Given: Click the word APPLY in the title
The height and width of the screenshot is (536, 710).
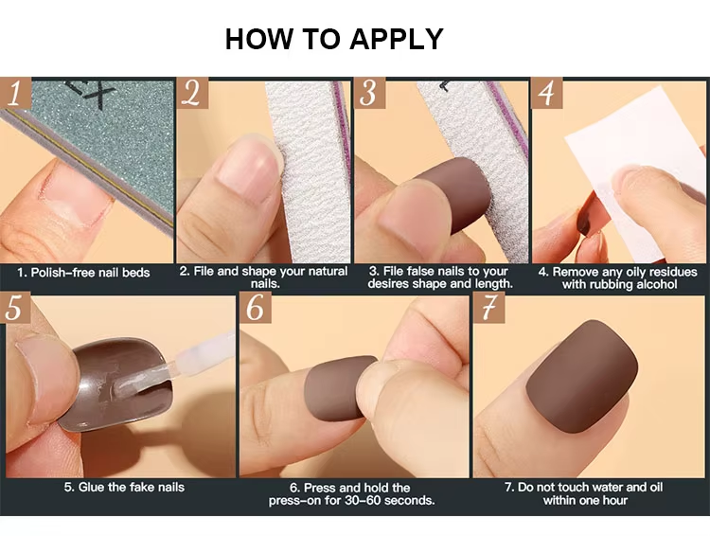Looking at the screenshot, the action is [x=397, y=39].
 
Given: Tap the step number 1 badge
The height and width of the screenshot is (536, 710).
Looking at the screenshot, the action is [x=16, y=94].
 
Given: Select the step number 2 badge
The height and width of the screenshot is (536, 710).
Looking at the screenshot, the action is [x=192, y=93].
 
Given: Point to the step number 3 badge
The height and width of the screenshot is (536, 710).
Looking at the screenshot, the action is [x=369, y=93].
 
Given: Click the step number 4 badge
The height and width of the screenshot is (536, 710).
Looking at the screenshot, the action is [x=546, y=93].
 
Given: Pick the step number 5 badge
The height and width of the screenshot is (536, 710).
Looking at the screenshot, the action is [x=15, y=308].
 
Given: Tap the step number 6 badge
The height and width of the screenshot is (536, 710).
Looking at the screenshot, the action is [x=256, y=308].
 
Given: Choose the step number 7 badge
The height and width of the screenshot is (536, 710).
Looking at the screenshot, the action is [x=489, y=308].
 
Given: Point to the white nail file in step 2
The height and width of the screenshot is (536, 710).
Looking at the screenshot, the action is [x=312, y=172].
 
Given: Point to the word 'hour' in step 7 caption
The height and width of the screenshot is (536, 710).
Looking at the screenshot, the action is [x=613, y=501].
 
